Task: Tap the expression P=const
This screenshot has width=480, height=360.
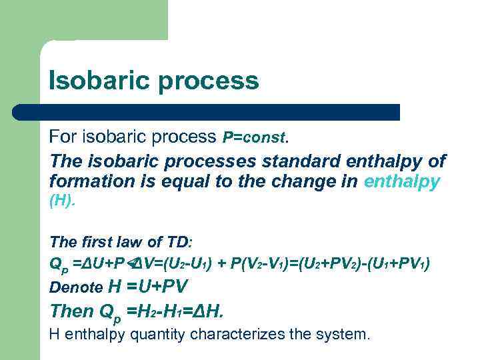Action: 254,138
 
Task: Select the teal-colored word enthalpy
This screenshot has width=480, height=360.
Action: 402,181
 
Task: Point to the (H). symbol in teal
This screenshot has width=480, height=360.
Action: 63,202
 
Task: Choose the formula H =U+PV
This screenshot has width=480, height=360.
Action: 148,287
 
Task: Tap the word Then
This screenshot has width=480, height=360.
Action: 72,311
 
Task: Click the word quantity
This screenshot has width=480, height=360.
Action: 159,333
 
